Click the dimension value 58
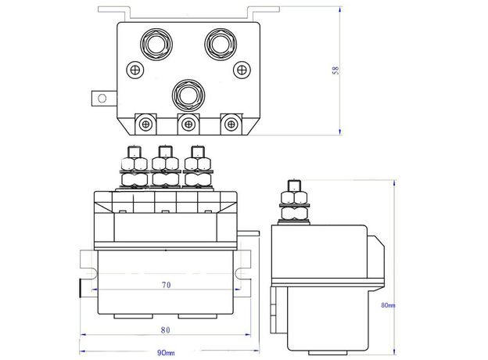pyautogui.click(x=335, y=70)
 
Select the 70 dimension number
pyautogui.click(x=166, y=286)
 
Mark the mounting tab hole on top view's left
pyautogui.click(x=99, y=99)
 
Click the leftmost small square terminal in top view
pyautogui.click(x=145, y=124)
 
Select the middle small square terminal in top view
pyautogui.click(x=187, y=124)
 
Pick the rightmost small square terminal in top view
pyautogui.click(x=229, y=124)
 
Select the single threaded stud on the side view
pyautogui.click(x=295, y=192)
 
